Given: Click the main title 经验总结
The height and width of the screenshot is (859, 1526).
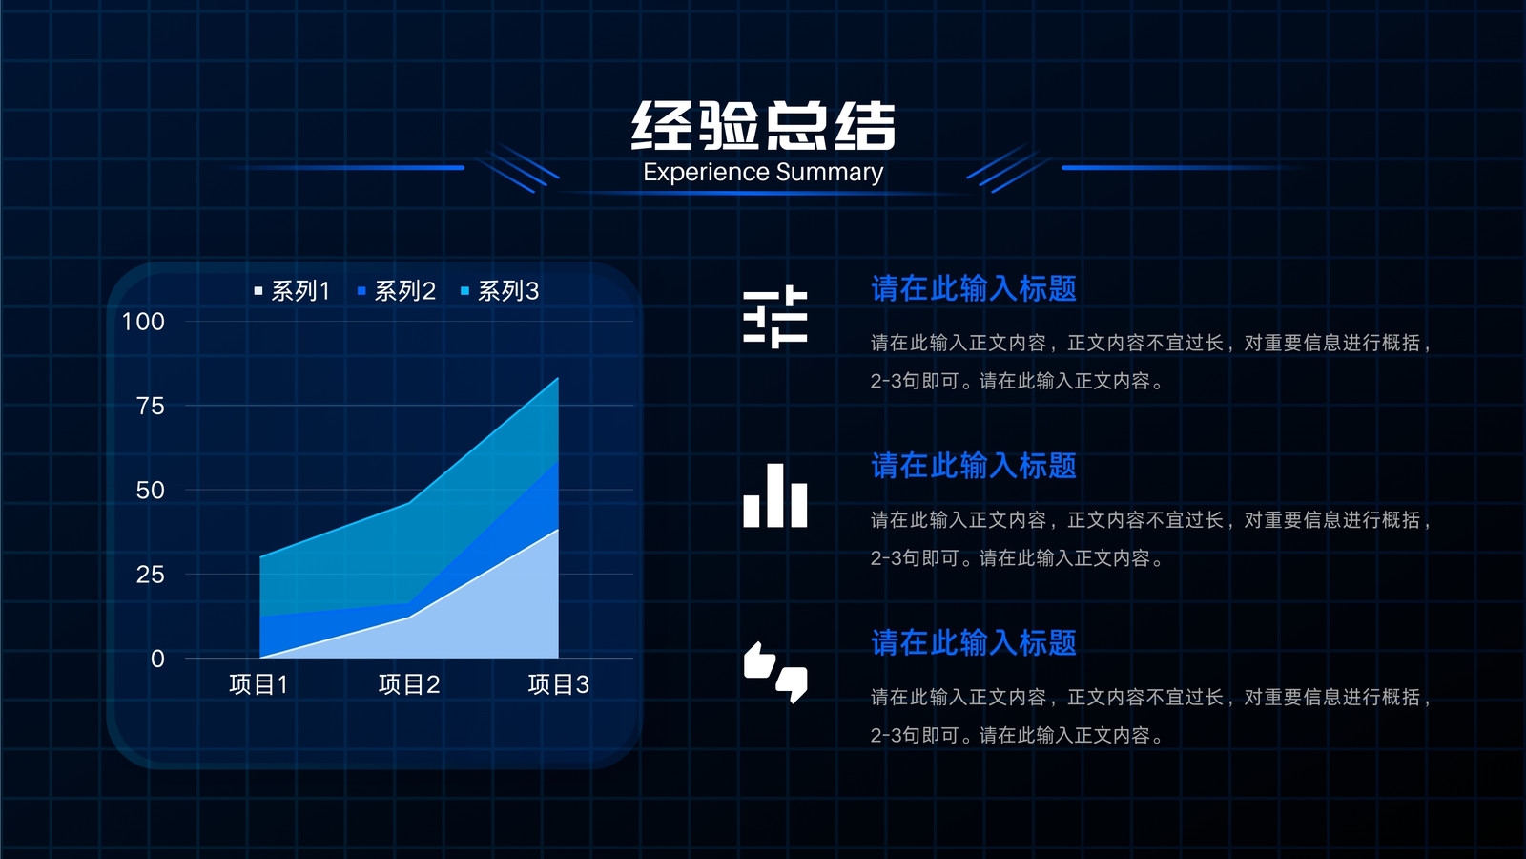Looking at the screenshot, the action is tap(763, 125).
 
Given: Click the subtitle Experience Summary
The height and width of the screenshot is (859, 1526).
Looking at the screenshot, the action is tap(763, 172).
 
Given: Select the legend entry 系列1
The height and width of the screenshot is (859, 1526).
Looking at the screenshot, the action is tap(292, 291).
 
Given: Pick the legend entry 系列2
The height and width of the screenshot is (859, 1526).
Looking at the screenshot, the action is tap(397, 291).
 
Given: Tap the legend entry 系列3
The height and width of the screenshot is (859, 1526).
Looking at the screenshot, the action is tap(500, 291).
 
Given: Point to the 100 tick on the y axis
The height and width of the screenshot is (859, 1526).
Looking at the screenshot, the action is tap(143, 321).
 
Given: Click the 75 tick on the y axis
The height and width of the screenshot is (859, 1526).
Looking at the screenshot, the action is tap(151, 406).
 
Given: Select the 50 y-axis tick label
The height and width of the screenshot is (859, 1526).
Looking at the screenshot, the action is tap(151, 491).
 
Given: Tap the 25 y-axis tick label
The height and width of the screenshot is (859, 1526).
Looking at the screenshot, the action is tap(151, 575).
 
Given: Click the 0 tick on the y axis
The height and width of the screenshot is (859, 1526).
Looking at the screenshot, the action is tap(157, 659).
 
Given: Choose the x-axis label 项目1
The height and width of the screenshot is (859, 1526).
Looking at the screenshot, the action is tap(258, 684).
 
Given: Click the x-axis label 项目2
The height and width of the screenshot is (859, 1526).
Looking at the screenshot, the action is tap(409, 684).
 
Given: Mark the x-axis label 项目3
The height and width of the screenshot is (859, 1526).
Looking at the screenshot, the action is tap(559, 684).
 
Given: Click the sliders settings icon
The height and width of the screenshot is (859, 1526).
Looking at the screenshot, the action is tap(775, 317).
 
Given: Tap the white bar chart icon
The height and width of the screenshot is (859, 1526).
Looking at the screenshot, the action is tap(775, 495).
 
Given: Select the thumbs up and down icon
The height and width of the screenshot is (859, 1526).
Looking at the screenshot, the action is tap(775, 672).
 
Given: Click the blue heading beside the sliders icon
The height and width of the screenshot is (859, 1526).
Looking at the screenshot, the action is tap(974, 288).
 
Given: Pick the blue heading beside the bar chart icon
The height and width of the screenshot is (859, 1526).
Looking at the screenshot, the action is tap(974, 466).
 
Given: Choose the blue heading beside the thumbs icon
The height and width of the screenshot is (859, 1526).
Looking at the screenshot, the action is tap(974, 643).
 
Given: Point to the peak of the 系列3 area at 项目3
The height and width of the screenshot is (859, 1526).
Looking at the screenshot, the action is tap(558, 378).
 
